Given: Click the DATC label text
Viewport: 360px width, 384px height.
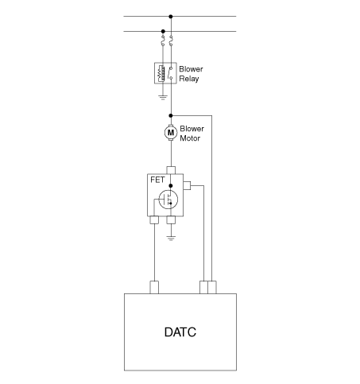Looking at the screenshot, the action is click(x=180, y=332).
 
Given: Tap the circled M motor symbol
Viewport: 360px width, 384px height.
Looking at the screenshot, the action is click(x=171, y=132).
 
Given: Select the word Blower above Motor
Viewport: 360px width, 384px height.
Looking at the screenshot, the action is click(x=192, y=129).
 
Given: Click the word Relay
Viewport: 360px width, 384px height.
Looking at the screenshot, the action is click(x=189, y=79).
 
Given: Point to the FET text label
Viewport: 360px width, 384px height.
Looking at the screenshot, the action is click(x=157, y=180).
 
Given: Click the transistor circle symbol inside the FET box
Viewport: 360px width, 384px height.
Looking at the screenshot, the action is click(x=168, y=200).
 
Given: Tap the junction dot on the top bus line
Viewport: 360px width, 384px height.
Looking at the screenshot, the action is click(x=171, y=17).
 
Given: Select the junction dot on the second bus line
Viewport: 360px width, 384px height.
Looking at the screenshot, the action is click(x=163, y=31).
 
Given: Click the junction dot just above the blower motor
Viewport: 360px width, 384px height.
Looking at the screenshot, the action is click(x=171, y=115).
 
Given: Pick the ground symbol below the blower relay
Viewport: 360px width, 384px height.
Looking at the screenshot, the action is click(x=163, y=97).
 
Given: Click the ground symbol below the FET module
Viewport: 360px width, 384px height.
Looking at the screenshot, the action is click(x=171, y=238).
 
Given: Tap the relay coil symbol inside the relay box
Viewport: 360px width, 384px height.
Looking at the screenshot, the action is click(x=161, y=73).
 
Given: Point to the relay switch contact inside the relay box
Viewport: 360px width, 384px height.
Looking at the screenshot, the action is click(x=170, y=73).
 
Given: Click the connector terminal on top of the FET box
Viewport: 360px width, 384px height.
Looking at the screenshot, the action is click(x=171, y=170).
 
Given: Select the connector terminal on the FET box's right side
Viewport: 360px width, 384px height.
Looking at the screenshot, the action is click(x=187, y=185).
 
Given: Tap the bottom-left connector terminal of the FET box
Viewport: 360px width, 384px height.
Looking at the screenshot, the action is click(x=154, y=220).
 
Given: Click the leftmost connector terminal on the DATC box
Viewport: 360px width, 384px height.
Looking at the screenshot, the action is click(x=154, y=287).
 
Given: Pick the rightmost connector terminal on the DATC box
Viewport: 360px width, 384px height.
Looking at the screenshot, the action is click(x=212, y=287).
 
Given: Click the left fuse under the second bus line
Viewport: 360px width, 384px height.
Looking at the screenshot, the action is click(x=163, y=41).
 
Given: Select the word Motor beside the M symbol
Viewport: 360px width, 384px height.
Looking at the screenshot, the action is click(x=190, y=138).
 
